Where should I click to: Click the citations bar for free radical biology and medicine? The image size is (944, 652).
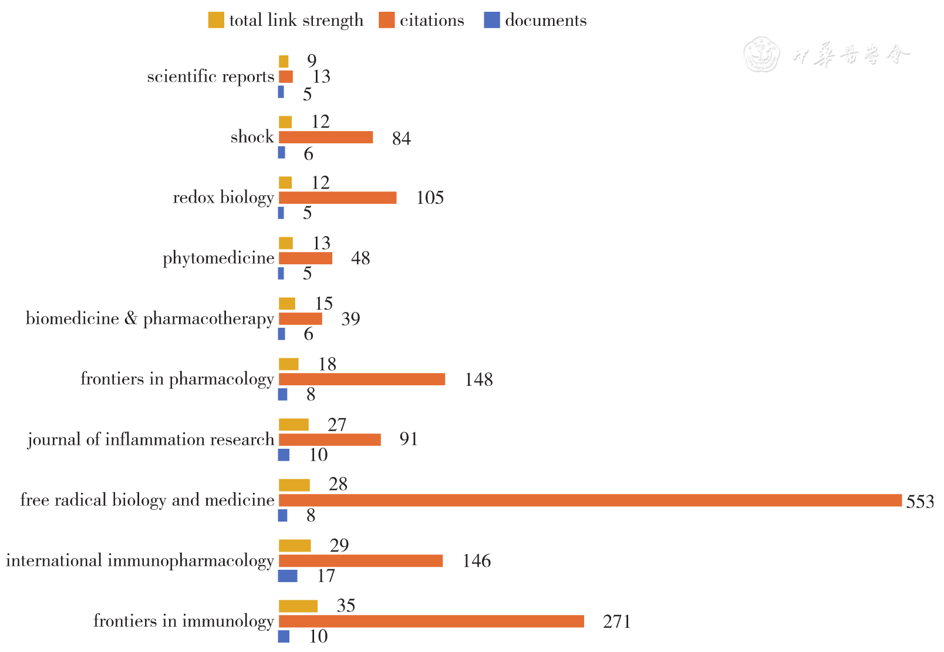[x=590, y=500]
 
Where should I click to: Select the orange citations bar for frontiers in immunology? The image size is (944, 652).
[x=431, y=621]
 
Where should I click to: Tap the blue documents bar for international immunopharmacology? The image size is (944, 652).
[x=288, y=576]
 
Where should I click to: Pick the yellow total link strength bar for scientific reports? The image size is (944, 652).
[x=284, y=62]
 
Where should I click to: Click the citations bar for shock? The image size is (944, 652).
[x=326, y=137]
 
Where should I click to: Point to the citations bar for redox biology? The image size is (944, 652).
[x=338, y=198]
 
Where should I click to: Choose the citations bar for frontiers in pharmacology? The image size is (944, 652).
[x=362, y=379]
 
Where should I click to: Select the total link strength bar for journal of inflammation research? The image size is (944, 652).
[x=294, y=425]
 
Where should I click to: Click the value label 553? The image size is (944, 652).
[x=920, y=502]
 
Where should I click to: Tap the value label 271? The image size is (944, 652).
[x=616, y=621]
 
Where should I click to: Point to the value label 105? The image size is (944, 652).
[x=430, y=198]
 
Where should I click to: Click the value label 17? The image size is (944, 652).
[x=326, y=576]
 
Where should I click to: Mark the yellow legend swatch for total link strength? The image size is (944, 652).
[x=216, y=21]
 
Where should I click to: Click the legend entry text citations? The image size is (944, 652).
[x=431, y=21]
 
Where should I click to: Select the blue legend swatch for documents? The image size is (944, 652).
[x=492, y=21]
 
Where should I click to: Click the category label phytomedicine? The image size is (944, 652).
[x=218, y=258]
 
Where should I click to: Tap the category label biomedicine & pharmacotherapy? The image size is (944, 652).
[x=150, y=319]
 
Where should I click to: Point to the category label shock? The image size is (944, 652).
[x=252, y=137]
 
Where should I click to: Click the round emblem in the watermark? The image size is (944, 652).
[x=761, y=55]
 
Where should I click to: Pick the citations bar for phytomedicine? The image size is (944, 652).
[x=305, y=258]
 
